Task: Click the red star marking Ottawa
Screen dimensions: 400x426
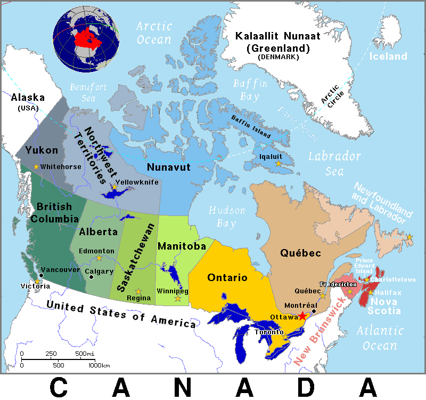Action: click(302, 316)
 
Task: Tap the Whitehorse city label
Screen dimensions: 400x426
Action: click(61, 167)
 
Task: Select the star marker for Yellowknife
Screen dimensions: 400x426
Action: click(114, 187)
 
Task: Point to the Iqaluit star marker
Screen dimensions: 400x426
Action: click(277, 164)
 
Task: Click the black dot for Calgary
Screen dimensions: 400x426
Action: click(92, 277)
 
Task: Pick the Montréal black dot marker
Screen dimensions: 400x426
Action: click(314, 311)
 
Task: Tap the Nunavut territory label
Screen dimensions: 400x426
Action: click(169, 167)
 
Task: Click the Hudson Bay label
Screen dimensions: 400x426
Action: click(227, 216)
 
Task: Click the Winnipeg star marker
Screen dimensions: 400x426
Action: click(178, 298)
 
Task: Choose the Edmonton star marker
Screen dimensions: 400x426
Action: click(99, 258)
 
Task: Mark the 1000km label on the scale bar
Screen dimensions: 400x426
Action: click(99, 365)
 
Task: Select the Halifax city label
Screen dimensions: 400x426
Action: click(388, 293)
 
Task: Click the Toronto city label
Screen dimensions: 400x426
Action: click(265, 331)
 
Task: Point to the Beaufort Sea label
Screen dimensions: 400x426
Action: click(89, 92)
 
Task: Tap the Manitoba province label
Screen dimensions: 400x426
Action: click(182, 246)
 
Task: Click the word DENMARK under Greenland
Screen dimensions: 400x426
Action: click(278, 57)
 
